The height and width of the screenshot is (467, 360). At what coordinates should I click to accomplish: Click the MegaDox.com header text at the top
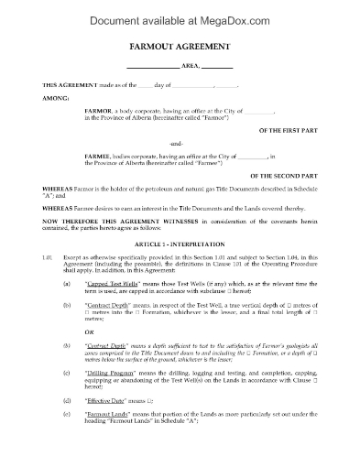tap(180, 15)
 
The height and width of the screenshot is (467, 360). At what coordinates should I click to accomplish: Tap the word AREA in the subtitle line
tap(189, 67)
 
